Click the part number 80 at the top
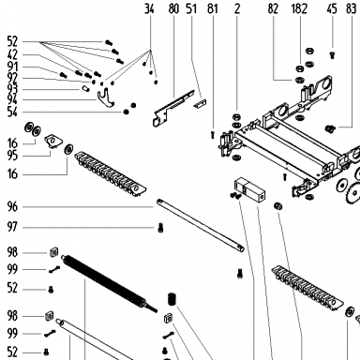coord(173,8)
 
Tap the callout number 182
coord(299,8)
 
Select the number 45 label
coord(332,8)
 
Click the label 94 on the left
coord(12,100)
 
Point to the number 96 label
coord(12,206)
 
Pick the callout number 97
coord(12,227)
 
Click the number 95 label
coord(12,156)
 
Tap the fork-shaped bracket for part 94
coord(106,98)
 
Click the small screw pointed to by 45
coord(332,55)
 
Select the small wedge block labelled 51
coord(200,103)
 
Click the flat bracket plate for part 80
coord(172,108)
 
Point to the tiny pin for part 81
coord(213,135)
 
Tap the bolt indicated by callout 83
coord(330,128)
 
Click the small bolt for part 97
coord(160,229)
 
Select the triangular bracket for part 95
coord(52,141)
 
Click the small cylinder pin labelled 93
coord(85,89)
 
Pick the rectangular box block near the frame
coord(249,190)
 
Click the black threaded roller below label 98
coord(109,283)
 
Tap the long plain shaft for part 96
coord(201,225)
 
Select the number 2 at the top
coord(237,8)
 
